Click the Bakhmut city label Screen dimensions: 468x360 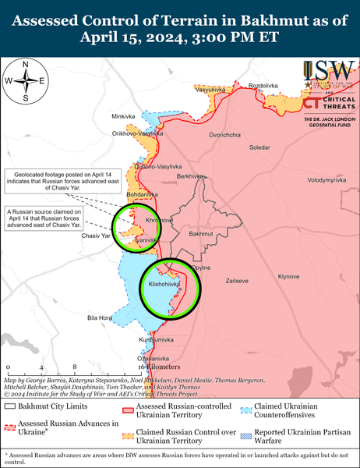(201, 233)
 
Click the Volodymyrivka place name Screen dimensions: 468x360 (326, 180)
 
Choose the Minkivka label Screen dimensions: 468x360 (123, 116)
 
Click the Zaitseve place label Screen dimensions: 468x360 (237, 279)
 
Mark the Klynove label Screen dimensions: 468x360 (289, 276)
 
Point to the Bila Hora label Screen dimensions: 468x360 (101, 318)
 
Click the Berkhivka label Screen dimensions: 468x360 (191, 176)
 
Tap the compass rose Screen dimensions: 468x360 (26, 80)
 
